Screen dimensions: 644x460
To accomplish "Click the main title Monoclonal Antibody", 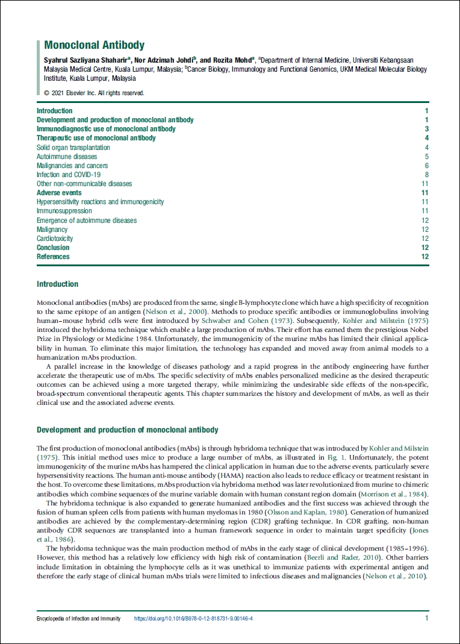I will (x=95, y=45).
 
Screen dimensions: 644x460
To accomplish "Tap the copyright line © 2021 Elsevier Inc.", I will (x=95, y=93).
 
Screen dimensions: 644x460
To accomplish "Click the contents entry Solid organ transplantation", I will (x=73, y=148).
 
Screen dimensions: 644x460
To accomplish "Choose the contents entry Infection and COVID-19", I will (x=69, y=175).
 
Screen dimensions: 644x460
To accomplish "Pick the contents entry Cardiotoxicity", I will (x=54, y=239).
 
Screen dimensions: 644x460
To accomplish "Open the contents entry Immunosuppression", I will (x=64, y=211).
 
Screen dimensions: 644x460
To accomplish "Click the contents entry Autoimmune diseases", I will (x=67, y=157).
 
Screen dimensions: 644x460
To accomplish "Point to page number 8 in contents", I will (x=426, y=175).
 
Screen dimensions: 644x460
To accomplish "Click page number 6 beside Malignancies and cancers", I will (x=426, y=166).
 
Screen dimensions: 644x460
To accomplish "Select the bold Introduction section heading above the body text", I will (x=57, y=284).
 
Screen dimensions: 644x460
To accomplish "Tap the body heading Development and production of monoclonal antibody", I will (x=128, y=430).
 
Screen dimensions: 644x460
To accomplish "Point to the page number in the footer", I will (x=426, y=618).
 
